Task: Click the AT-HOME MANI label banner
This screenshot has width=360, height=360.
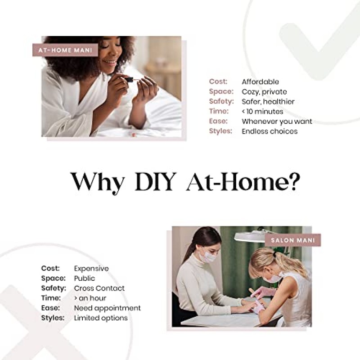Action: (65, 50)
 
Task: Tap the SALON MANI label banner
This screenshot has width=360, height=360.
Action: (293, 240)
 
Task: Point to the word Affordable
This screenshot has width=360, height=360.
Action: (261, 82)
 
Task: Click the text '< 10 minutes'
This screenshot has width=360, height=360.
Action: (262, 112)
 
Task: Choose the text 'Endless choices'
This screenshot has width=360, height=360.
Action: (270, 131)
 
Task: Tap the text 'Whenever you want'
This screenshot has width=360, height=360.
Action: (277, 121)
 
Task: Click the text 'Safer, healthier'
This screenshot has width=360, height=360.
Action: (268, 102)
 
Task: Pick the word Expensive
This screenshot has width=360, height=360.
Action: (91, 269)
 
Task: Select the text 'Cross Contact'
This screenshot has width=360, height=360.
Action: (99, 288)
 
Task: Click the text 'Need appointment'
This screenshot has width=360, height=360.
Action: (107, 308)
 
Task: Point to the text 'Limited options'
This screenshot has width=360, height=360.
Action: (101, 318)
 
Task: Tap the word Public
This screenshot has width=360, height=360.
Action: (84, 278)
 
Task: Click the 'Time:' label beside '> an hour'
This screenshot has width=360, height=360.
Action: (51, 298)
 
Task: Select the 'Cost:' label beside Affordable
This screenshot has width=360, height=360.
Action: (218, 81)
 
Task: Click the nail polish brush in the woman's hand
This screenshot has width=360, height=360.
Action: (131, 80)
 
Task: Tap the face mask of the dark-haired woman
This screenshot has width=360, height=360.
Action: (207, 256)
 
